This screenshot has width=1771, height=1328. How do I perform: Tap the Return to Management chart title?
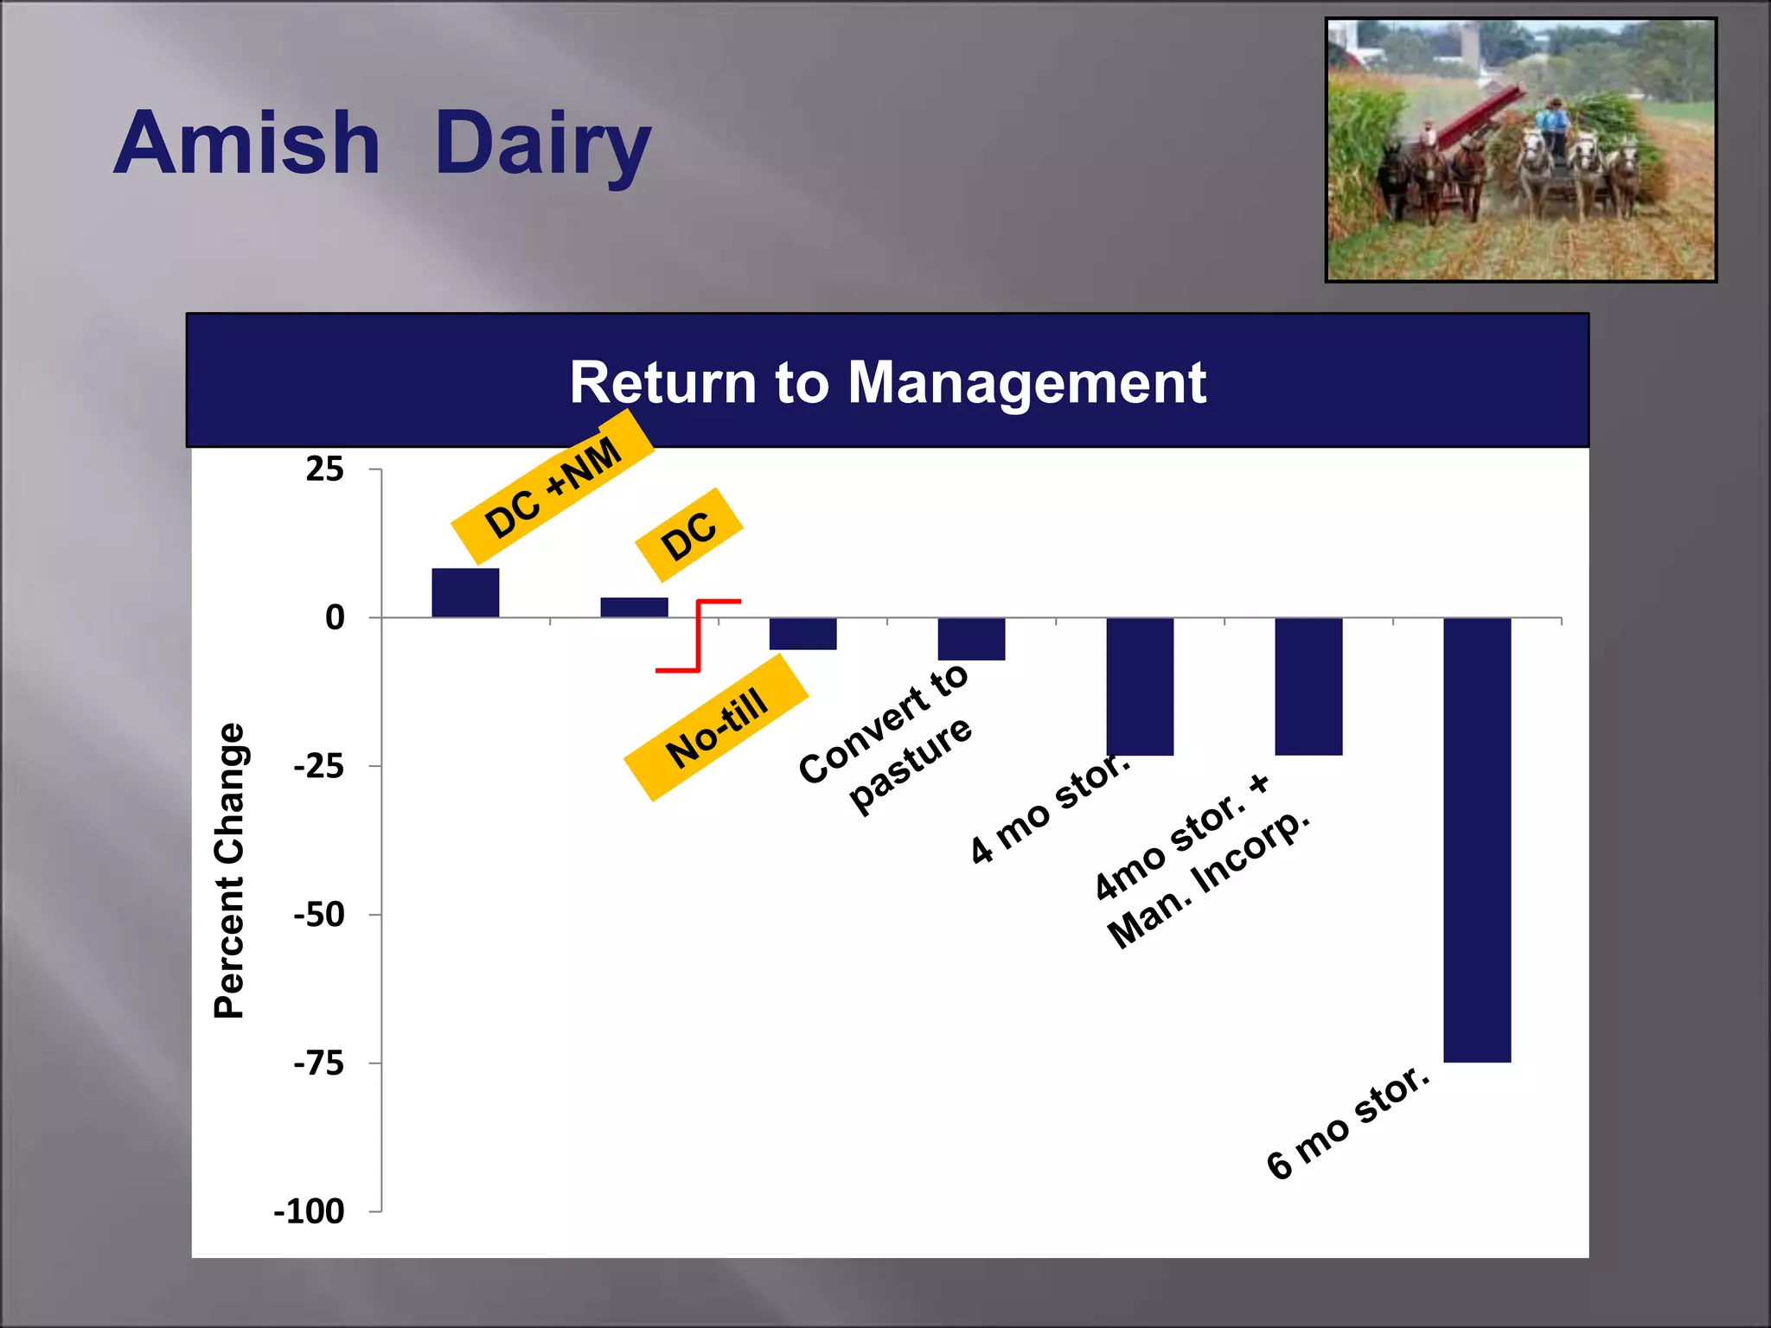pyautogui.click(x=887, y=382)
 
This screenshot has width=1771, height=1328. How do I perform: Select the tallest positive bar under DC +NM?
pyautogui.click(x=465, y=593)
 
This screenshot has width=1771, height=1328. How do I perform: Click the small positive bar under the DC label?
pyautogui.click(x=634, y=607)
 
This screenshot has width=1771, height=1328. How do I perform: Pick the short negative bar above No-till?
pyautogui.click(x=802, y=634)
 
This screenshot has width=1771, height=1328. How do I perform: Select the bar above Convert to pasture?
pyautogui.click(x=971, y=639)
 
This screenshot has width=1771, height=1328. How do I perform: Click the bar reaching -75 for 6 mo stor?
pyautogui.click(x=1477, y=839)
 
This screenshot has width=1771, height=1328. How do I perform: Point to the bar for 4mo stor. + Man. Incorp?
pyautogui.click(x=1308, y=686)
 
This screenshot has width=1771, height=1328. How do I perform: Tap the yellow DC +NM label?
pyautogui.click(x=553, y=488)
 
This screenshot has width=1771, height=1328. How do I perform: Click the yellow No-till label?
pyautogui.click(x=716, y=728)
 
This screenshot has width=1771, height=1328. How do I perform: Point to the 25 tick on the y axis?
pyautogui.click(x=324, y=469)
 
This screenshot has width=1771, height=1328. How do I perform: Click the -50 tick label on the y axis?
pyautogui.click(x=319, y=915)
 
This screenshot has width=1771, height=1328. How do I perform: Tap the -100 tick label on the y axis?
pyautogui.click(x=309, y=1211)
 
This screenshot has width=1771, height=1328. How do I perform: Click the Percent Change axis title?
pyautogui.click(x=229, y=870)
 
